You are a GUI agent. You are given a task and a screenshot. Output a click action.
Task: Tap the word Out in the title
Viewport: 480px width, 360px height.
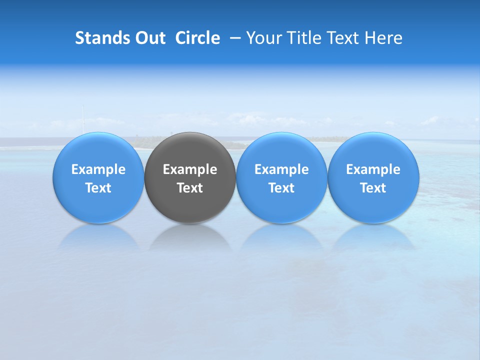(x=148, y=38)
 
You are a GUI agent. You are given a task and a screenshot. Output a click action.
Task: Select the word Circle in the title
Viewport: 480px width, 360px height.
(x=197, y=38)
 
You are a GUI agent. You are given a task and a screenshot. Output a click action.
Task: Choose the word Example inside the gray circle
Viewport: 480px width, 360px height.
(x=190, y=169)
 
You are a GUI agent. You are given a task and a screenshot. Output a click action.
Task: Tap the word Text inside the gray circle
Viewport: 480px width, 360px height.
(x=190, y=188)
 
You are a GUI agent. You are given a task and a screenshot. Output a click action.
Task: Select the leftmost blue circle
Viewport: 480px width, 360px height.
(x=98, y=205)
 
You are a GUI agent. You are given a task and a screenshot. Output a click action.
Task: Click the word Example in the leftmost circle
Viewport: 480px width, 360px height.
(x=98, y=169)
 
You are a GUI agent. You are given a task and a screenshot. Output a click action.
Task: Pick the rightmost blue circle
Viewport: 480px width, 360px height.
(x=373, y=205)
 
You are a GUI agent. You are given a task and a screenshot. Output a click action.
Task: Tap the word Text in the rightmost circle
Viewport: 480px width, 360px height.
(x=373, y=188)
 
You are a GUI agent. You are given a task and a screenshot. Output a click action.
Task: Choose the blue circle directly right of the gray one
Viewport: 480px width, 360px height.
(x=281, y=205)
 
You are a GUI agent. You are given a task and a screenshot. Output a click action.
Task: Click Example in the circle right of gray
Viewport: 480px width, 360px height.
(x=281, y=169)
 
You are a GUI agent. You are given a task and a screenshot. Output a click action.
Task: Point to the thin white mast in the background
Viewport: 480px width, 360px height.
(x=82, y=120)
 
